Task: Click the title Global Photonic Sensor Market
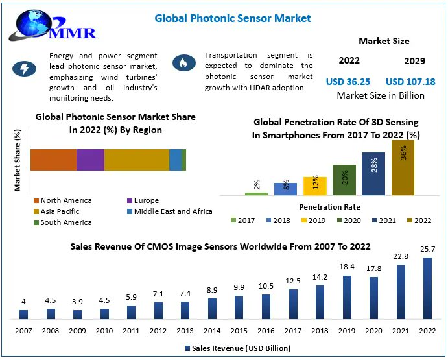(x=233, y=18)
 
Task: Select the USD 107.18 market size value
(x=410, y=82)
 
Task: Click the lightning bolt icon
(x=24, y=68)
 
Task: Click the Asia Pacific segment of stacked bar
(x=136, y=160)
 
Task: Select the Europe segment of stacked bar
(x=90, y=160)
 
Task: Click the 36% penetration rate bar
(x=403, y=167)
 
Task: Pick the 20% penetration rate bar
(x=344, y=180)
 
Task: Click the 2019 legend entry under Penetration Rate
(x=313, y=221)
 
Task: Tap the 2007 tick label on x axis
(x=24, y=331)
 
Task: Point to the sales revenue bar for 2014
(x=212, y=309)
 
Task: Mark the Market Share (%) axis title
(x=18, y=160)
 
